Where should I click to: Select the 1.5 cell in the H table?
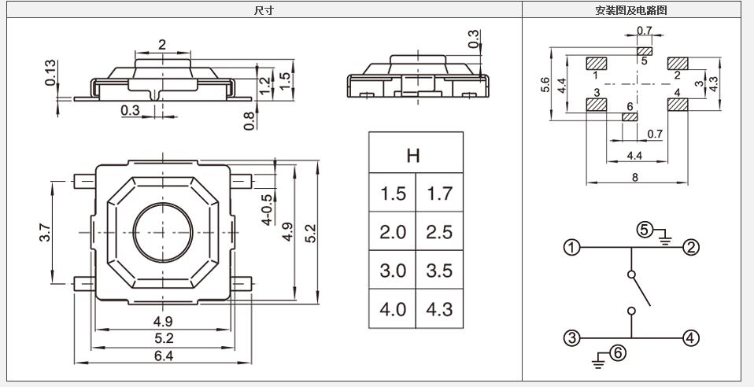click(393, 193)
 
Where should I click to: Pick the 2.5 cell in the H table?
click(439, 232)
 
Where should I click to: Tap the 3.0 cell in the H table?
click(393, 271)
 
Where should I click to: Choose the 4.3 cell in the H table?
click(439, 309)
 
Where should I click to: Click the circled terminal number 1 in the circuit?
click(571, 248)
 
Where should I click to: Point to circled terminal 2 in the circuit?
click(690, 248)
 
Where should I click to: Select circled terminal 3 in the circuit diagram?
click(571, 338)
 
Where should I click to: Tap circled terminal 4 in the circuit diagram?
click(690, 338)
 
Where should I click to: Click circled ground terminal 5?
click(645, 230)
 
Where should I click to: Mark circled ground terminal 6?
click(618, 353)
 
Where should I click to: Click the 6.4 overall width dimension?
click(164, 356)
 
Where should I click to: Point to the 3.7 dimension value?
click(45, 232)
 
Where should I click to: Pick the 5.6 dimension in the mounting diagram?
click(546, 85)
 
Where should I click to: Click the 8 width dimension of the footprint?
click(635, 178)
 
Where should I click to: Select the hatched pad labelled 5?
click(644, 51)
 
